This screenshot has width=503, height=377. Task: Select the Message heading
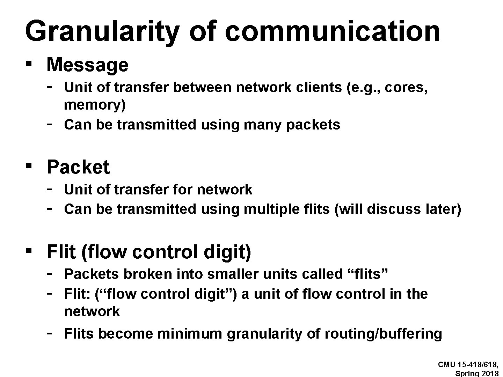[87, 65]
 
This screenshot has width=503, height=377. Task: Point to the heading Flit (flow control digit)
[149, 252]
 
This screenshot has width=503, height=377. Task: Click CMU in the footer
[446, 364]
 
